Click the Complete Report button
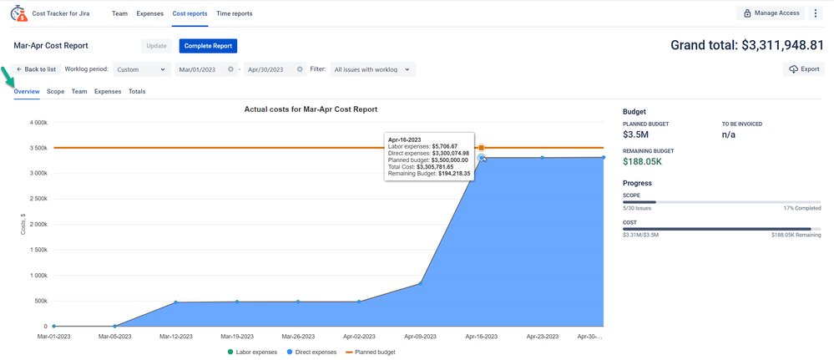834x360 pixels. [208, 46]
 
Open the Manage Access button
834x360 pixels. [772, 13]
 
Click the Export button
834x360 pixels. [804, 69]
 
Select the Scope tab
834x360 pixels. [55, 92]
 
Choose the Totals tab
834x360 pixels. [137, 92]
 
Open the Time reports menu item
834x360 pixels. [234, 13]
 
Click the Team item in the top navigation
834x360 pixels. [119, 13]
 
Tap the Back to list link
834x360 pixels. [36, 69]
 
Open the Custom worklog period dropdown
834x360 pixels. [141, 69]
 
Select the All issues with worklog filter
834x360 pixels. [372, 69]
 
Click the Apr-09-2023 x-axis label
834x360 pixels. [419, 337]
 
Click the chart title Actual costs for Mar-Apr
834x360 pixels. [311, 109]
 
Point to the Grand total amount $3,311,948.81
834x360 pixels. [746, 45]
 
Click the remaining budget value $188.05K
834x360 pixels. [642, 161]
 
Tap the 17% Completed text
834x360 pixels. [801, 208]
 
